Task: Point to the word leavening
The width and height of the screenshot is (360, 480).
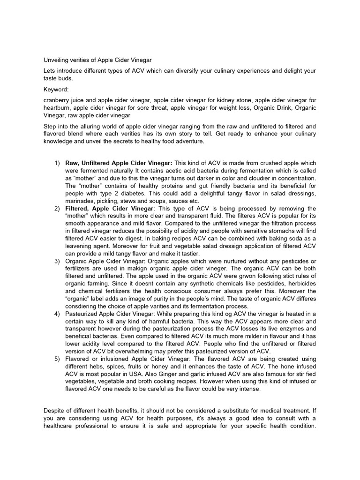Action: pos(82,246)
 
